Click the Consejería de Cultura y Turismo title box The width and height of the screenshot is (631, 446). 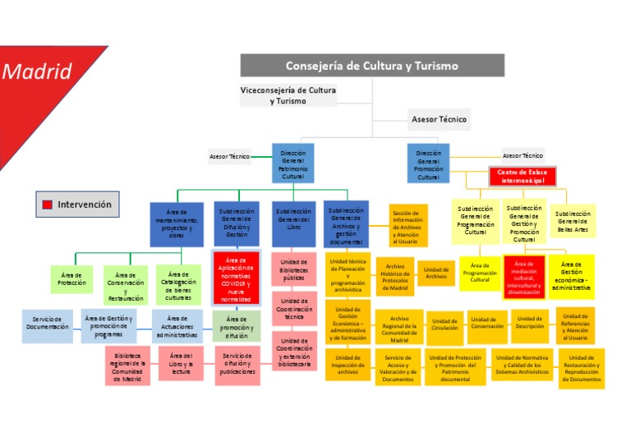(x=371, y=66)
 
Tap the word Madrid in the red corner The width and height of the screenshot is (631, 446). (x=37, y=71)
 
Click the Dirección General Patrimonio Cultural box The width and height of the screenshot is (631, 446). (x=292, y=164)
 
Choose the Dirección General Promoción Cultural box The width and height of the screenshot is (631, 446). (x=428, y=164)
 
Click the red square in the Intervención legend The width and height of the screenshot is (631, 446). (x=48, y=205)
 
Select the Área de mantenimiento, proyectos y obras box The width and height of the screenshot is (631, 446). (x=177, y=224)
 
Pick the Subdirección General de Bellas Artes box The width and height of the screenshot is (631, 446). (x=573, y=221)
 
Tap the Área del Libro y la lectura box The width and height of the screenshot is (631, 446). (x=180, y=364)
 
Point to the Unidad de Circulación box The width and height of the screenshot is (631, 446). (x=444, y=326)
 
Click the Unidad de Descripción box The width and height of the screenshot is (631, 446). (x=529, y=324)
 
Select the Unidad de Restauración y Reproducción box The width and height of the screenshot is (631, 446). (x=583, y=368)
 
